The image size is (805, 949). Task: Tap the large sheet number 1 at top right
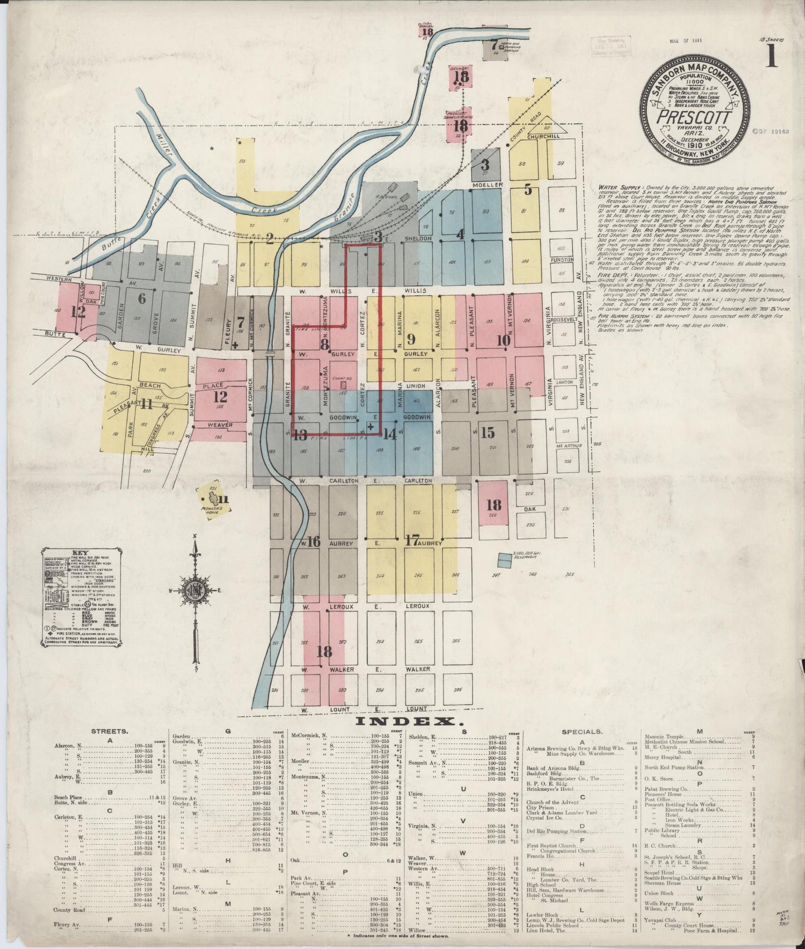(771, 56)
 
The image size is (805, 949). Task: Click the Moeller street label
(487, 184)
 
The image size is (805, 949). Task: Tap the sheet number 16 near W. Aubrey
(314, 541)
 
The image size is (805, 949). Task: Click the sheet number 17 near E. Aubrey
(412, 540)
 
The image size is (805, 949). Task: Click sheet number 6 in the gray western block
(142, 298)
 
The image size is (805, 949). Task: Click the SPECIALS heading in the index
(582, 731)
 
